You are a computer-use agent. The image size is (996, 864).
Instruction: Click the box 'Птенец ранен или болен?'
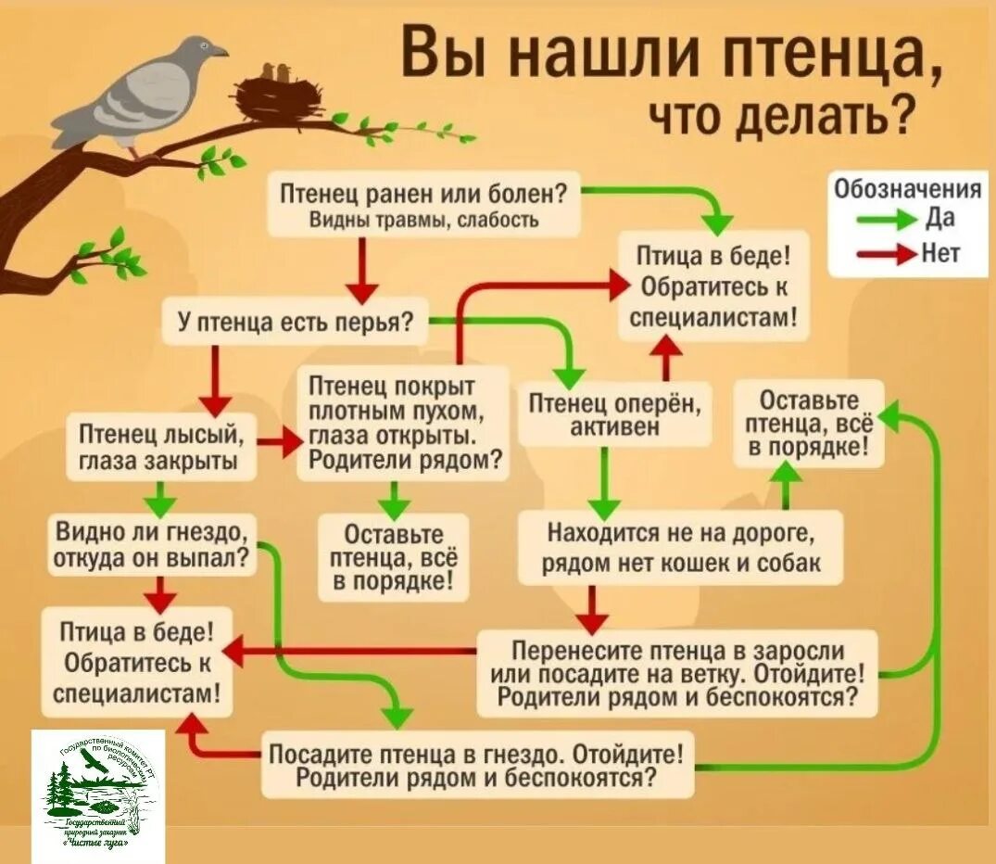tap(424, 204)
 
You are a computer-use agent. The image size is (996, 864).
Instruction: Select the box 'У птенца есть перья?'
tap(295, 321)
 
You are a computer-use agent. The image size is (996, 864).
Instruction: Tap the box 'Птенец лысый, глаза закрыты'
tap(161, 448)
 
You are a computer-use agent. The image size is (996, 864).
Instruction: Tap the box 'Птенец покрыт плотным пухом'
tap(403, 422)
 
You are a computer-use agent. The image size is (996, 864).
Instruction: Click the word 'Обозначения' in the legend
tap(907, 189)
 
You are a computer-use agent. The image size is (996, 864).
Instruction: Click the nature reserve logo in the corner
tap(99, 794)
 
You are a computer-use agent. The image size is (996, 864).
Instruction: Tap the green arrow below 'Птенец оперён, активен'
tap(604, 483)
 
